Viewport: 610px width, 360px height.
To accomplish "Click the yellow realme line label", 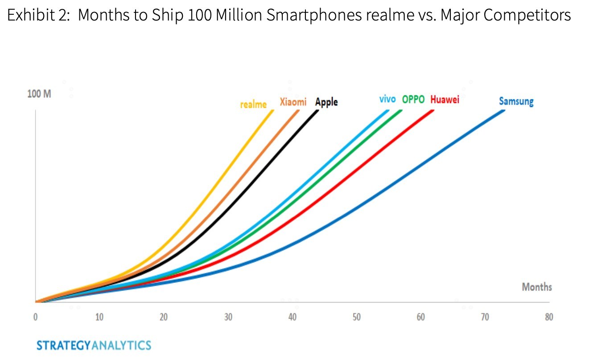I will pyautogui.click(x=253, y=105).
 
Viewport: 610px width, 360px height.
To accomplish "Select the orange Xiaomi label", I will pyautogui.click(x=293, y=102).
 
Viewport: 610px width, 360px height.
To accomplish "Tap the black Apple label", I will pyautogui.click(x=326, y=102).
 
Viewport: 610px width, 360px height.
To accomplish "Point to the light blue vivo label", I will pyautogui.click(x=387, y=99).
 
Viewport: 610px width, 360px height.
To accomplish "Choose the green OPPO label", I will pyautogui.click(x=413, y=99).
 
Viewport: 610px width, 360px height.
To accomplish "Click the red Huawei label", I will pyautogui.click(x=445, y=99).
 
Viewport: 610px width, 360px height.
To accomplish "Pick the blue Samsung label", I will pyautogui.click(x=516, y=102).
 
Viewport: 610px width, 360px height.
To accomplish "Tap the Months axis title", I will pyautogui.click(x=537, y=287).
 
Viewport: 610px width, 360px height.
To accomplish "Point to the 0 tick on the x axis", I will pyautogui.click(x=35, y=317).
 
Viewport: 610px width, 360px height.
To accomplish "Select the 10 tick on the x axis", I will pyautogui.click(x=99, y=317).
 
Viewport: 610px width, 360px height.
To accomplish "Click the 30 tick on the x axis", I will pyautogui.click(x=228, y=317).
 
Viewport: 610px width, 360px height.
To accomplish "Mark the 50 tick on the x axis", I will pyautogui.click(x=356, y=317).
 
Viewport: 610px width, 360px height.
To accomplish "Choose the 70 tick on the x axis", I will pyautogui.click(x=485, y=317).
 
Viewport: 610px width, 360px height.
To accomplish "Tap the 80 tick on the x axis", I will pyautogui.click(x=549, y=317).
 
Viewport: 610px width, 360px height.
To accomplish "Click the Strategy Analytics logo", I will pyautogui.click(x=94, y=345).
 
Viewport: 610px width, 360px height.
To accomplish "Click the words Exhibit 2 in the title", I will pyautogui.click(x=37, y=16).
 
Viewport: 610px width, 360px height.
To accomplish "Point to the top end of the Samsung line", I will pyautogui.click(x=504, y=110).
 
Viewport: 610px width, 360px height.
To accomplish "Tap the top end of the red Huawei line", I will pyautogui.click(x=433, y=110).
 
